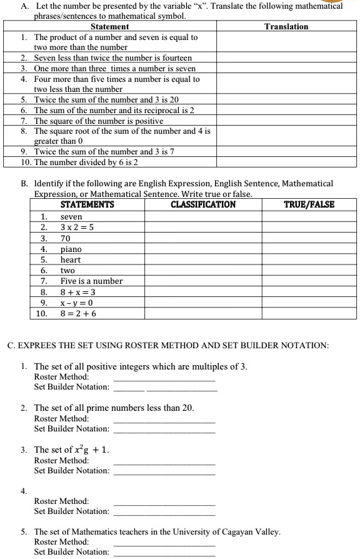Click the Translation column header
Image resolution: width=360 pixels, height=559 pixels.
286,26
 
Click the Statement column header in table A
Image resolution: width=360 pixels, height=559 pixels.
110,26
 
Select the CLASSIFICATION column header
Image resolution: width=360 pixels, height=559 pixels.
203,204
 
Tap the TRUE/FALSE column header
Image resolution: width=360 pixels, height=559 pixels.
309,204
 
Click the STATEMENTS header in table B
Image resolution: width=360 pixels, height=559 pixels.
87,204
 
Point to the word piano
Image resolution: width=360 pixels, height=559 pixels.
71,249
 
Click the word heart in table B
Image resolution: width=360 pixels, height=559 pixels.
71,259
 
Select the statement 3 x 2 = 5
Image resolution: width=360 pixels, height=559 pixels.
77,227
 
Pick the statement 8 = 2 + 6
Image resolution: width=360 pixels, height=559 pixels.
78,314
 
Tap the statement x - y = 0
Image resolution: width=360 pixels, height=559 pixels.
76,303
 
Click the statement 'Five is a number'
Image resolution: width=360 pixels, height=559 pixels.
91,281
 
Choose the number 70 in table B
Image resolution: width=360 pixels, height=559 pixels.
65,238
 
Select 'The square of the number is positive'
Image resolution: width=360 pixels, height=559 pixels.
99,121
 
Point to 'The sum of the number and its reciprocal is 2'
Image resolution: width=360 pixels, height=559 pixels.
114,110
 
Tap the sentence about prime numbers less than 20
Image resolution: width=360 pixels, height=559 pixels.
114,408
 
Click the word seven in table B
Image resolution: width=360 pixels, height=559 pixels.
71,216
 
